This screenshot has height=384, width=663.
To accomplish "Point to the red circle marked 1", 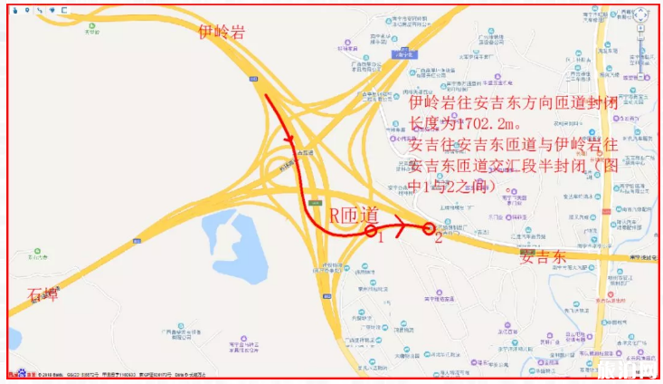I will coord(371,232).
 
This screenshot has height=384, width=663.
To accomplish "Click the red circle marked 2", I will coord(428,228).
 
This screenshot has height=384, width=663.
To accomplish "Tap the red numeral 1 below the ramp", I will coord(381,240).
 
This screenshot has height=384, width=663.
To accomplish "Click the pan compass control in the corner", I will coord(640,17).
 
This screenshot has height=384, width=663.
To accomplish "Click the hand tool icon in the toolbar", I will coord(15,10).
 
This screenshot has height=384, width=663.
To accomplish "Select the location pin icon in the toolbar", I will coord(27,10).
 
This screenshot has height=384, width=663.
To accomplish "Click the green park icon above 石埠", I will coord(37,252).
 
